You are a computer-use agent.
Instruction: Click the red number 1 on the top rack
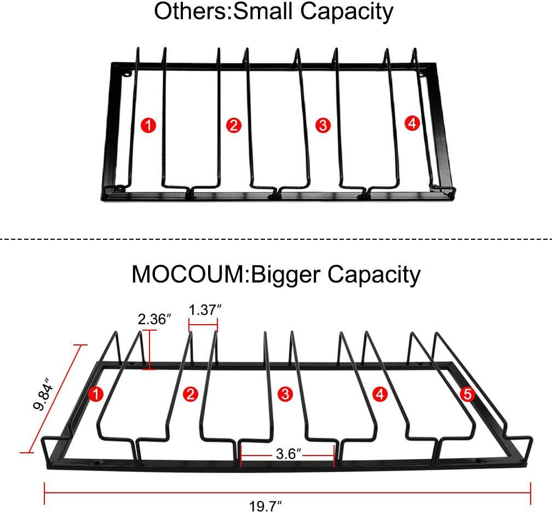148,125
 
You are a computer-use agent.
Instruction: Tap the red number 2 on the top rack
234,125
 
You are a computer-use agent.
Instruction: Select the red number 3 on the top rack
323,125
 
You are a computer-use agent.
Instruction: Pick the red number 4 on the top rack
412,124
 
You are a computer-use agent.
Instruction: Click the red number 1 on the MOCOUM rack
96,393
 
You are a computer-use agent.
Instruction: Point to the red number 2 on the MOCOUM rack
191,393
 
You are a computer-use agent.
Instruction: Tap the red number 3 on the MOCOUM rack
284,393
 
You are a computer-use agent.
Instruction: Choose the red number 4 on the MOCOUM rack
380,393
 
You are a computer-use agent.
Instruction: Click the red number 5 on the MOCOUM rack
467,393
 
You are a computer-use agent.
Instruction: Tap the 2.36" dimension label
154,319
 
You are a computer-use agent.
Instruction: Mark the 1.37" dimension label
205,309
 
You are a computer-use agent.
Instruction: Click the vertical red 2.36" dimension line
150,350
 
